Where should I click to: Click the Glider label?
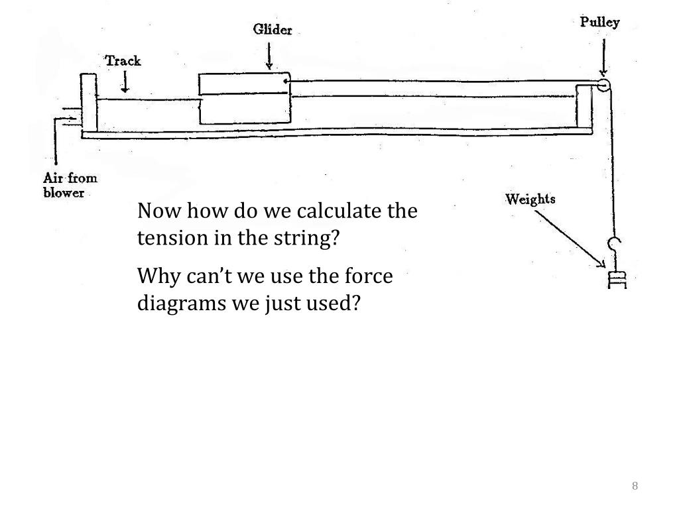pyautogui.click(x=272, y=30)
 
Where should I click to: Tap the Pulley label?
pyautogui.click(x=599, y=23)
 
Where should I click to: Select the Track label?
pyautogui.click(x=123, y=61)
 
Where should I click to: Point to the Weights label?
pyautogui.click(x=530, y=199)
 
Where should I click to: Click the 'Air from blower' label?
pyautogui.click(x=70, y=185)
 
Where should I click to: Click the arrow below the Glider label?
pyautogui.click(x=269, y=56)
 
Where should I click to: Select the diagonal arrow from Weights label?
pyautogui.click(x=570, y=239)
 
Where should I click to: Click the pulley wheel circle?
pyautogui.click(x=603, y=85)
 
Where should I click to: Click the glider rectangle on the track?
pyautogui.click(x=245, y=99)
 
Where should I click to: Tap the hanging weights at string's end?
pyautogui.click(x=617, y=279)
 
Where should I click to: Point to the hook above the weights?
pyautogui.click(x=615, y=248)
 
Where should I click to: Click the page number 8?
pyautogui.click(x=635, y=486)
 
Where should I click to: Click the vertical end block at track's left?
pyautogui.click(x=88, y=102)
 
